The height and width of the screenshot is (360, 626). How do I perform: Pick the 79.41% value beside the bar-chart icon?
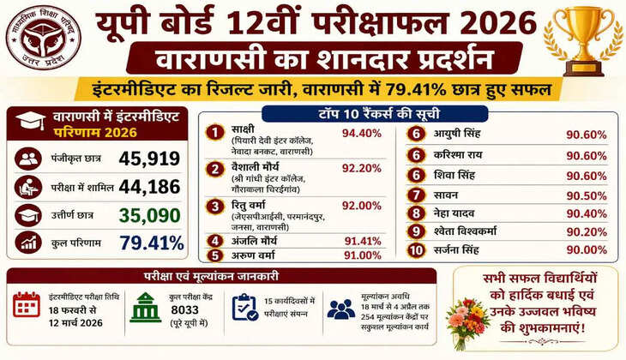click(x=152, y=243)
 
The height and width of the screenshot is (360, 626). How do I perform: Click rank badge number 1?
click(x=216, y=132)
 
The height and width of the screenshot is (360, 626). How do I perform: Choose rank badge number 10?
click(x=416, y=250)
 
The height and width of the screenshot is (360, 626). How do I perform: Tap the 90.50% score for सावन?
click(x=587, y=195)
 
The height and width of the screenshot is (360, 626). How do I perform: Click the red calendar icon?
click(x=27, y=305)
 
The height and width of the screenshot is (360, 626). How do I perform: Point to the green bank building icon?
click(x=145, y=307)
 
